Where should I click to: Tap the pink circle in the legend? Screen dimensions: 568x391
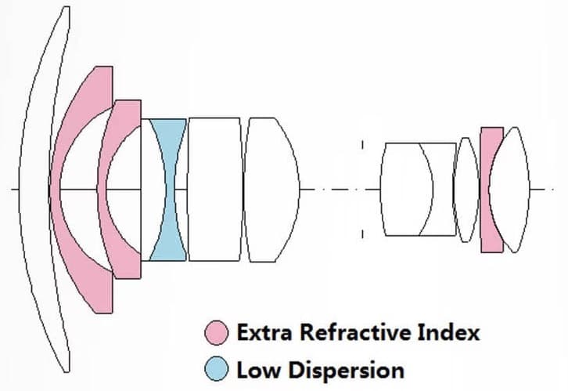[x=217, y=332]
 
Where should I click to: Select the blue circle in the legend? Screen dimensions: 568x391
[x=217, y=368]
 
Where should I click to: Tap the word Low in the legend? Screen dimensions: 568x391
[x=257, y=370]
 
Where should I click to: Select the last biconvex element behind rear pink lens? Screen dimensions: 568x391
[x=512, y=190]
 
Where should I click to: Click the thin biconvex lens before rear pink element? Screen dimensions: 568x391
[x=466, y=190]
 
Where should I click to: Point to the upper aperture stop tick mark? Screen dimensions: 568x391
[x=362, y=144]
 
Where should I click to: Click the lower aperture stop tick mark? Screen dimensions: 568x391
[x=362, y=234]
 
